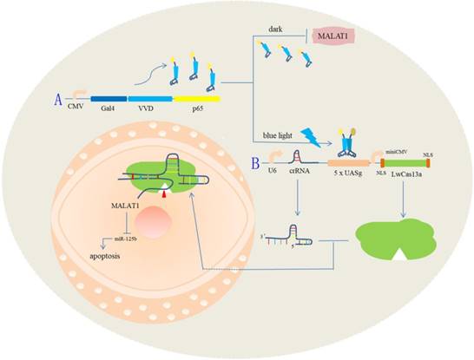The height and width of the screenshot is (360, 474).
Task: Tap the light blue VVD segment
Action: (x=153, y=100)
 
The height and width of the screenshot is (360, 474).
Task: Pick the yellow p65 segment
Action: (x=201, y=100)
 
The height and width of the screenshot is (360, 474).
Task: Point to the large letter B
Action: (x=253, y=161)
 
